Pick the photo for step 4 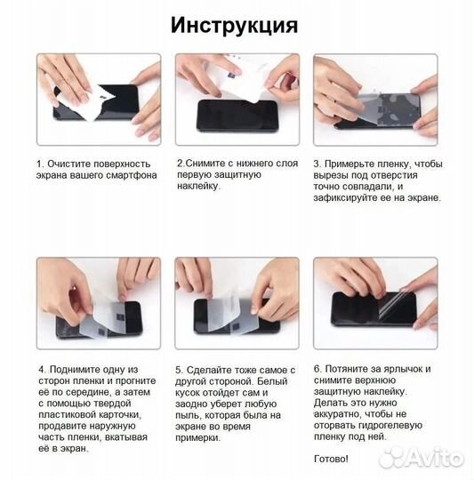coord(98,301)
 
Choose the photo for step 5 coord(236,301)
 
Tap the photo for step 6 coord(374,301)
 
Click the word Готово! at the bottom coord(332,459)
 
